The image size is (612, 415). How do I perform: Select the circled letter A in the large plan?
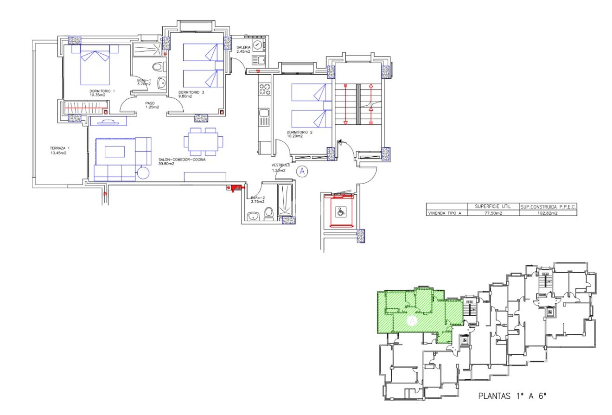[x=302, y=171]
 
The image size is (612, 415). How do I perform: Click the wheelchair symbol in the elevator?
[x=341, y=212]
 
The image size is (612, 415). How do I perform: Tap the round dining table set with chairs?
[x=203, y=141]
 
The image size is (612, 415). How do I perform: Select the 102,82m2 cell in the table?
[x=548, y=214]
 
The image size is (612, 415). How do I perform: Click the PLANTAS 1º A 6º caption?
[x=512, y=396]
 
